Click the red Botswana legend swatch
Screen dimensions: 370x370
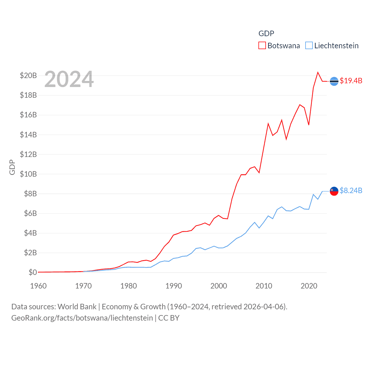pos(262,46)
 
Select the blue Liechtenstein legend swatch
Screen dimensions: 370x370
pos(309,46)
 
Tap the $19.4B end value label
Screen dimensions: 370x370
pos(351,81)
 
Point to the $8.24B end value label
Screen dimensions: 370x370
pos(351,190)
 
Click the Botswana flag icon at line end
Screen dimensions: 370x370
pos(334,81)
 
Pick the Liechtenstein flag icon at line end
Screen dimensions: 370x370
pos(334,191)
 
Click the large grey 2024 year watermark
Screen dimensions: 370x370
pos(69,79)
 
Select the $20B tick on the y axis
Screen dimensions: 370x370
pos(28,75)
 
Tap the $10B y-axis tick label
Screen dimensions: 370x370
pos(28,174)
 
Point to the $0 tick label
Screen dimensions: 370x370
pos(33,272)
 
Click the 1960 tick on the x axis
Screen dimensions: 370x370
pos(38,286)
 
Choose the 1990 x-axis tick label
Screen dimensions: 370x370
pos(174,286)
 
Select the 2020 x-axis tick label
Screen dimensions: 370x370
pos(309,286)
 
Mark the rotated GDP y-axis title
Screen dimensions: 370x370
pos(12,167)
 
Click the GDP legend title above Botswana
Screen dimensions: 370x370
pos(266,34)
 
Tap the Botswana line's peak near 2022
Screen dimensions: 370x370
pos(318,72)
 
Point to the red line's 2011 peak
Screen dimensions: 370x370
pos(268,124)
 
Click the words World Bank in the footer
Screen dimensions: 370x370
pos(77,306)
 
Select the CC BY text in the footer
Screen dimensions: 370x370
pos(169,318)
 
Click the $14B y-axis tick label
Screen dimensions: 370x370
pos(28,135)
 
